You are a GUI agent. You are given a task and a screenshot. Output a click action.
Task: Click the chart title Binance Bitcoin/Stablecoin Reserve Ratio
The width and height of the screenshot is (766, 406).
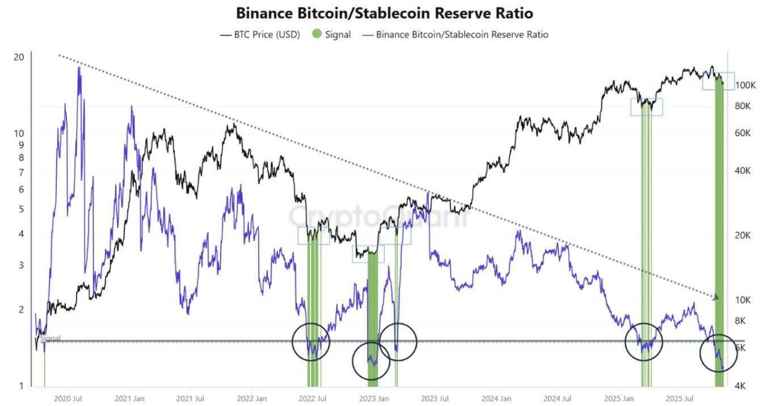[384, 12]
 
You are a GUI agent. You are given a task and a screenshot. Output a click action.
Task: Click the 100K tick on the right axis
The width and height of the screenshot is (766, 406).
[745, 85]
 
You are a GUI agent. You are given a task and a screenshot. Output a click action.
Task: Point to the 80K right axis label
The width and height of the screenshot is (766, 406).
[743, 106]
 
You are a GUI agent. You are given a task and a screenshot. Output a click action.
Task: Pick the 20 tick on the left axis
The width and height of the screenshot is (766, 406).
[18, 57]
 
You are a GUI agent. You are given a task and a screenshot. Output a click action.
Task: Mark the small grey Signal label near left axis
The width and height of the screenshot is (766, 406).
[50, 338]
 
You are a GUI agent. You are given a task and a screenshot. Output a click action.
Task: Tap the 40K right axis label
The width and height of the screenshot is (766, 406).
[743, 171]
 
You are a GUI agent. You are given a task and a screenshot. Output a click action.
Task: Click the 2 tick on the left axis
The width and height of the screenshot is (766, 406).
[21, 310]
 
